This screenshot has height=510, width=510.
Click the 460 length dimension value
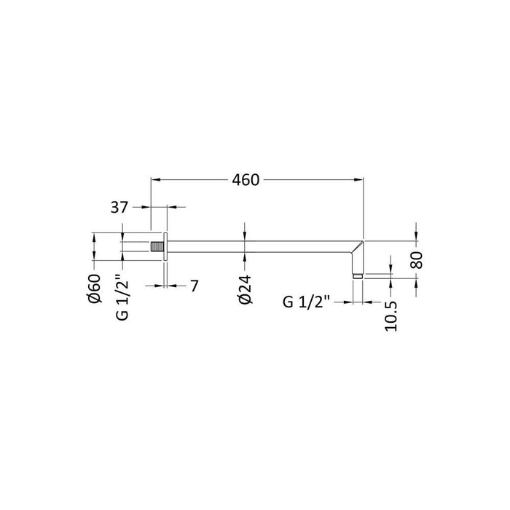[x=246, y=180]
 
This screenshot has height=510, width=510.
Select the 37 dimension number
[x=119, y=207]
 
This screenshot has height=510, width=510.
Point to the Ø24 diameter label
[x=246, y=290]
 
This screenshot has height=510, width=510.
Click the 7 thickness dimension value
[x=195, y=286]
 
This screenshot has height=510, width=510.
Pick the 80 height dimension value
[x=417, y=260]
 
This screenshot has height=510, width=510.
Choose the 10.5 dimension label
[x=391, y=316]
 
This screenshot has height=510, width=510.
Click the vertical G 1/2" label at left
[x=123, y=297]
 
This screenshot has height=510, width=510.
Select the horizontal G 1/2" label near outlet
[x=307, y=302]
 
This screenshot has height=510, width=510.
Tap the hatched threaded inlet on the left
[x=157, y=246]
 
